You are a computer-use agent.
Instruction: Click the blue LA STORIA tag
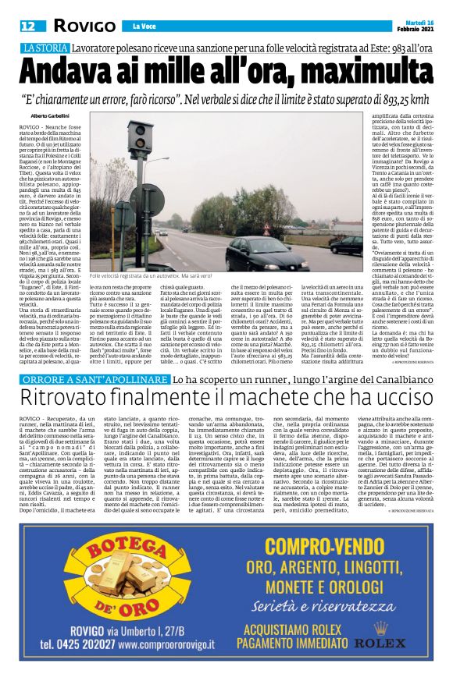50,48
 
